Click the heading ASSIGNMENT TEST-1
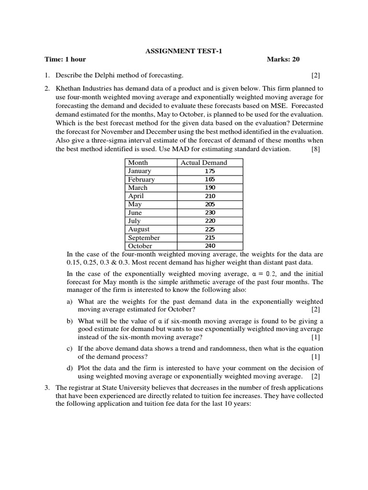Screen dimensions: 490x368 click(x=184, y=51)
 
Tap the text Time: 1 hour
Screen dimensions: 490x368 click(x=65, y=59)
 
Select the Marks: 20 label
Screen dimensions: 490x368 click(x=283, y=59)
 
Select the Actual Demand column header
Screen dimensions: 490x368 click(x=204, y=163)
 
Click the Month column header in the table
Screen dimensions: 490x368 click(x=138, y=163)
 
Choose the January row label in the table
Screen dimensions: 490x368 click(x=139, y=171)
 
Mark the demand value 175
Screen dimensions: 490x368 click(x=210, y=171)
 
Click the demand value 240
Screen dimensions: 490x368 click(x=210, y=246)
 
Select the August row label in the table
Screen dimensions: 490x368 click(x=139, y=229)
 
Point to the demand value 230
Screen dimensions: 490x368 click(x=210, y=212)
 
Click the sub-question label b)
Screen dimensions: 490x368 click(x=70, y=321)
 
